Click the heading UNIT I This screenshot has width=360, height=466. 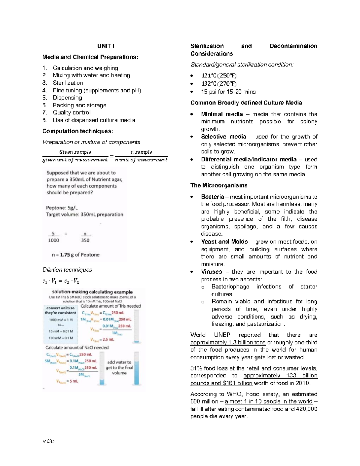click(x=106, y=46)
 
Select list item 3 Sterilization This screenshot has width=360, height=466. click(x=68, y=83)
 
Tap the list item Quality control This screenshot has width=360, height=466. click(x=71, y=113)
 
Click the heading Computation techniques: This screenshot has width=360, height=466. click(x=78, y=131)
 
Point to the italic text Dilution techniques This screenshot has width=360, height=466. click(x=67, y=269)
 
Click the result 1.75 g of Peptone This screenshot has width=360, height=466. click(x=76, y=255)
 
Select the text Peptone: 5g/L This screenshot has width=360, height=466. click(x=62, y=208)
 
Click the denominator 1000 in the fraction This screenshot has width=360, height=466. click(x=53, y=240)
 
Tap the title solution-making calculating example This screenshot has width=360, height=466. click(x=92, y=292)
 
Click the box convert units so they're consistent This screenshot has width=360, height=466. click(x=61, y=311)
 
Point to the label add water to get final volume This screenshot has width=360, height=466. click(x=119, y=368)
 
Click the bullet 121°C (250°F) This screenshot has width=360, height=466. click(x=219, y=76)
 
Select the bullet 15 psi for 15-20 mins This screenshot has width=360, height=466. click(x=228, y=92)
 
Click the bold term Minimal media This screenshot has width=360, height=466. click(x=222, y=114)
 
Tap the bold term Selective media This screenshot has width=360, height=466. click(x=223, y=137)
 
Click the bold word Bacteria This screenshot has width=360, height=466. click(x=212, y=197)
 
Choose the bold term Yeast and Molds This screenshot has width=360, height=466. click(x=224, y=242)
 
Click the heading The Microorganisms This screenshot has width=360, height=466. click(x=219, y=185)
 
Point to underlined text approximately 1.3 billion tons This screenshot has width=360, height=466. click(x=228, y=343)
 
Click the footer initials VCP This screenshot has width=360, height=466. click(x=48, y=441)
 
